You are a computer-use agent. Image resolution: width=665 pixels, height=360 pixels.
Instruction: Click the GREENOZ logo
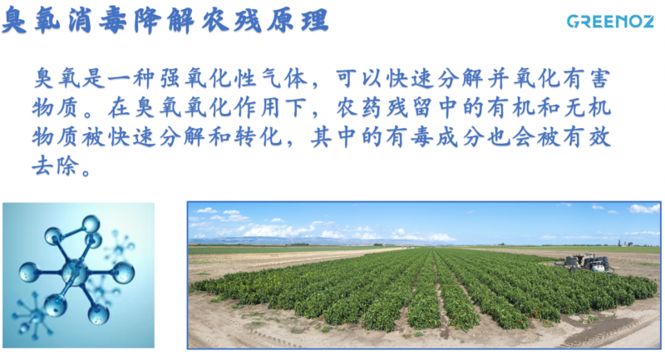point(610,22)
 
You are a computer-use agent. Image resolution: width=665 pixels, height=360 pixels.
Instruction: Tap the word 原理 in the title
point(298,20)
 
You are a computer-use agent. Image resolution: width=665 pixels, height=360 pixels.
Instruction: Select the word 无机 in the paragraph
point(587,108)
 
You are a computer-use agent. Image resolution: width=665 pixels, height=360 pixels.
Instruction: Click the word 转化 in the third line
point(258,136)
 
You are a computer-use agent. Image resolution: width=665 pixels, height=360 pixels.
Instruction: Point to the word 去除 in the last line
point(56,165)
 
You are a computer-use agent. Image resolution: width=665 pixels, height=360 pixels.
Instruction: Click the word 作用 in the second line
point(258,108)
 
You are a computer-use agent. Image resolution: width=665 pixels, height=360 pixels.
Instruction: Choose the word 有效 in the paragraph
point(587,136)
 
